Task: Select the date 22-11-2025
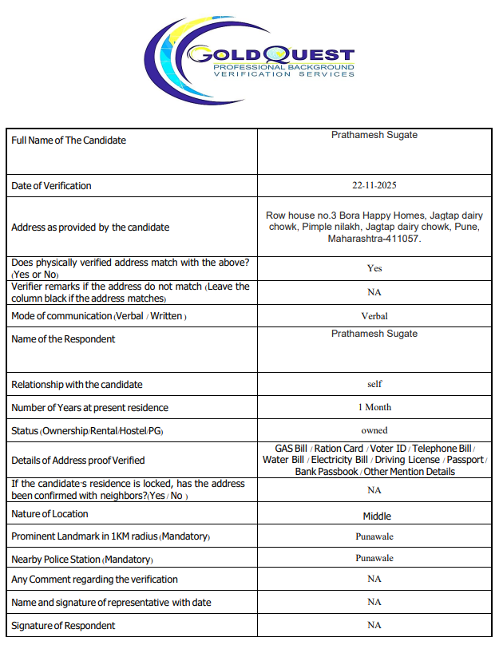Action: click(374, 186)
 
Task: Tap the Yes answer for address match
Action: click(374, 268)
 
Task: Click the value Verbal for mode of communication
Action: click(374, 316)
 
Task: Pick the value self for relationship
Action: click(374, 384)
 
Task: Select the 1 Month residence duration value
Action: click(374, 407)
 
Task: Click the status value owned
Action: click(374, 430)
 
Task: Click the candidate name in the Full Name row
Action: click(374, 135)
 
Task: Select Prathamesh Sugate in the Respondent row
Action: click(374, 334)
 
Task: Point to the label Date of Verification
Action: click(51, 186)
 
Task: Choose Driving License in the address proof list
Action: click(406, 460)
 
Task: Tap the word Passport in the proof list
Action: click(465, 460)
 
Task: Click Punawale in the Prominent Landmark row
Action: click(374, 536)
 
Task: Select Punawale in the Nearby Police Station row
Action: click(374, 559)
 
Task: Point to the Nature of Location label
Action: click(50, 514)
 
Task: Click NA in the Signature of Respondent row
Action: click(374, 625)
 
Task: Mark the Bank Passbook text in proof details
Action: click(327, 472)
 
